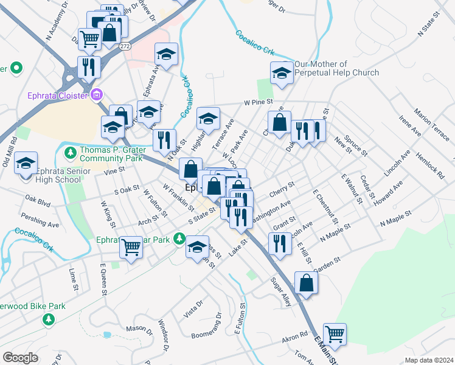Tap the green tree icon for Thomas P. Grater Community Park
pos(71,151)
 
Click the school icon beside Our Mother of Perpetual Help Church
pos(282,73)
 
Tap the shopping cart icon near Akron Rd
pos(335,333)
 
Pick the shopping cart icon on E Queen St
pos(131,247)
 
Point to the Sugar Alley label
pos(285,291)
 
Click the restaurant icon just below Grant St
pos(279,243)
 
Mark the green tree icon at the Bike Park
pos(47,319)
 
